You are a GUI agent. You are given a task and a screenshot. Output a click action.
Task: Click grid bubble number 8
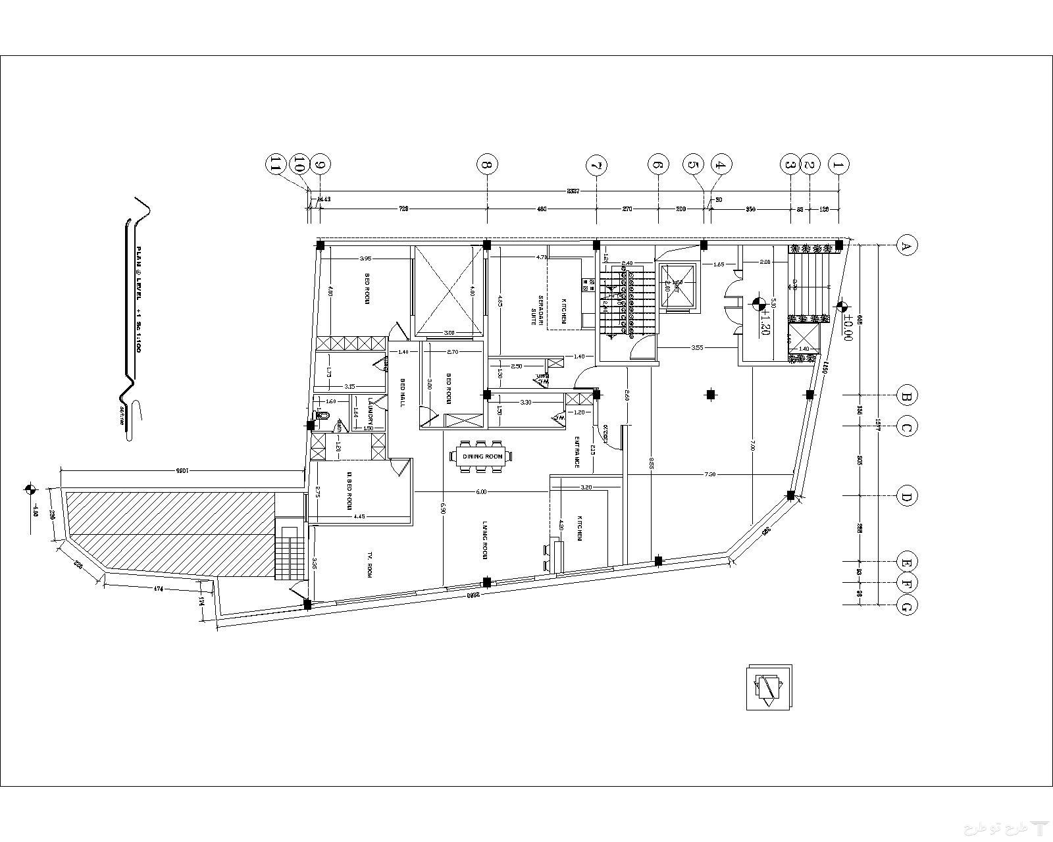click(x=487, y=164)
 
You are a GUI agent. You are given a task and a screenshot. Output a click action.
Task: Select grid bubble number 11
click(x=275, y=164)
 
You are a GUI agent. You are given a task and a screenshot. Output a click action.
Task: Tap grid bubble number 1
click(x=838, y=164)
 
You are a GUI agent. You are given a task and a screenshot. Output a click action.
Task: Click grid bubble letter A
click(x=907, y=246)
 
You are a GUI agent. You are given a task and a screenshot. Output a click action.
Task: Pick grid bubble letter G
click(x=907, y=606)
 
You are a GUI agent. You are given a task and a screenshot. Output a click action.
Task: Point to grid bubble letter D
click(x=907, y=497)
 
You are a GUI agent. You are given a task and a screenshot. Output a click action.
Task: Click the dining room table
click(x=482, y=457)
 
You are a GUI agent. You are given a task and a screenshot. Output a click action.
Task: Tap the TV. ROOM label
click(x=369, y=570)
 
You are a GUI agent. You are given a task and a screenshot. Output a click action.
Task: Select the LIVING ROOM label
click(x=485, y=540)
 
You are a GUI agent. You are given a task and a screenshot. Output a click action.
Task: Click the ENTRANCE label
click(x=577, y=452)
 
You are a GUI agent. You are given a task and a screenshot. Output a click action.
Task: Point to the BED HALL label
click(x=402, y=393)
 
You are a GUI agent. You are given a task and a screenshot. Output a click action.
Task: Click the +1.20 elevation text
click(x=765, y=322)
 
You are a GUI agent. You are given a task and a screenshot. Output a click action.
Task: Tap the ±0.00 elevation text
click(x=848, y=326)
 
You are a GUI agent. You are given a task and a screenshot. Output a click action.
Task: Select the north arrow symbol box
click(x=769, y=687)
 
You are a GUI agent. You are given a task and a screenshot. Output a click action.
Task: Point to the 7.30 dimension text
click(x=710, y=474)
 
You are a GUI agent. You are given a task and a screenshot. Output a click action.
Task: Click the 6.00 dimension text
click(x=481, y=491)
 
